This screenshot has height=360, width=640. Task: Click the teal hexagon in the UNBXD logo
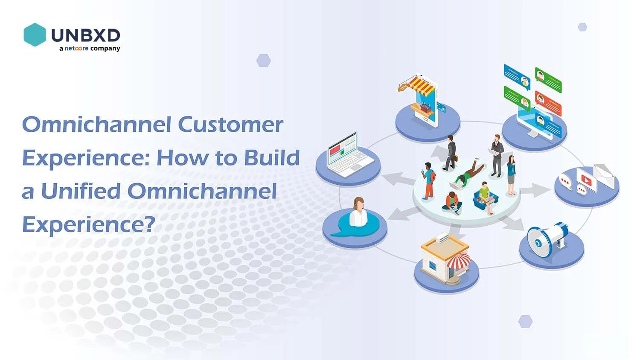[x=35, y=35]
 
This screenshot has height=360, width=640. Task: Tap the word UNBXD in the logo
[x=86, y=35]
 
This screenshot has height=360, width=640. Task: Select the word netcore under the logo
[x=76, y=48]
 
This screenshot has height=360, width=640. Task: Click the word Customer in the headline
[x=230, y=125]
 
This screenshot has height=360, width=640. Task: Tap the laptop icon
[x=350, y=154]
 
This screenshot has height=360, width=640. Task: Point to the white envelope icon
[x=604, y=175]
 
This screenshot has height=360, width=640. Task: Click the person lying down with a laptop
[x=468, y=175]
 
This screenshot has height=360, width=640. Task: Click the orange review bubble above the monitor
[x=548, y=103]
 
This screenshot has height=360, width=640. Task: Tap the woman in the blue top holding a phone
[x=511, y=175]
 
